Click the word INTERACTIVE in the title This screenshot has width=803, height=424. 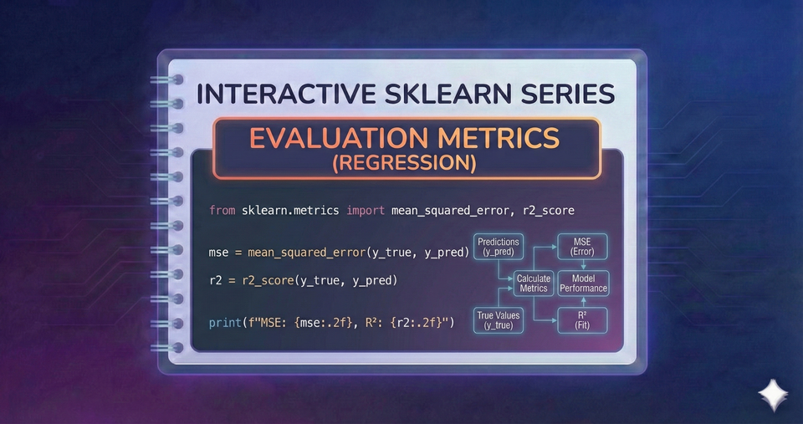[x=275, y=94]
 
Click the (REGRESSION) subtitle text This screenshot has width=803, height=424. [x=405, y=163]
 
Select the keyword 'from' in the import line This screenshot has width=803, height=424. [x=222, y=210]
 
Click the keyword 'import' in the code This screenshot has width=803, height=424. [x=363, y=210]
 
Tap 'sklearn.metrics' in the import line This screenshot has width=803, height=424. [x=290, y=210]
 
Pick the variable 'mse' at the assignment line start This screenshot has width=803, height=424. [x=220, y=251]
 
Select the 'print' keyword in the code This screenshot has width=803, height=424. [x=227, y=320]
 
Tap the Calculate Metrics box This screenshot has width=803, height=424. [x=533, y=284]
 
